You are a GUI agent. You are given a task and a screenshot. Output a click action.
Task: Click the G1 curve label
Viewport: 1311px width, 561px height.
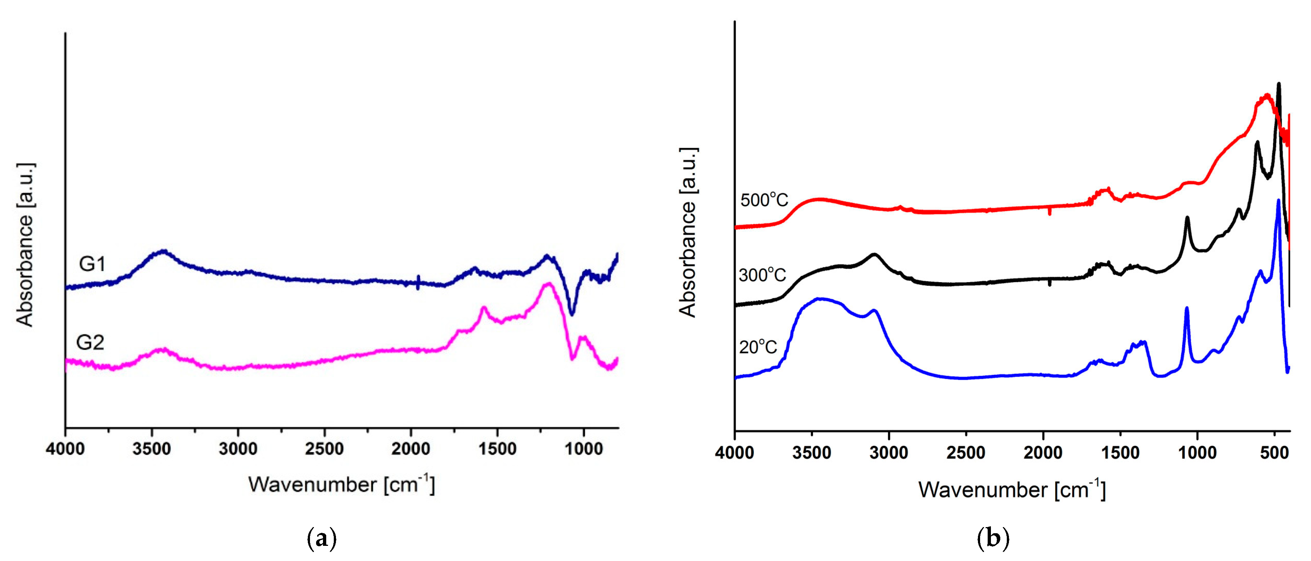pos(92,264)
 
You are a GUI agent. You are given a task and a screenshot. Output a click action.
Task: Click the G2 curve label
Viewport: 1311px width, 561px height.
pos(90,343)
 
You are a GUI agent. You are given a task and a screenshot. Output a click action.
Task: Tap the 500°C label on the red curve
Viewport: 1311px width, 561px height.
pos(764,200)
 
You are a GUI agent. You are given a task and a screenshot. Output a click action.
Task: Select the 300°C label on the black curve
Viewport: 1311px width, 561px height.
pos(762,275)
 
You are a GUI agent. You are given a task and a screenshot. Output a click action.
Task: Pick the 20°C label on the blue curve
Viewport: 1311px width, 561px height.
pos(758,347)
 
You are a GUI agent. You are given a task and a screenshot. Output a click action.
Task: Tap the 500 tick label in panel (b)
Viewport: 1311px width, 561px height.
pos(1274,453)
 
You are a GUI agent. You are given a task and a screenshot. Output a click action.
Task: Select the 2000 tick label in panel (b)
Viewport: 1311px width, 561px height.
pos(1043,453)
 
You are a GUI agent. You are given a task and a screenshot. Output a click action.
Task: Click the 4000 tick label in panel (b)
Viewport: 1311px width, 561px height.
pos(734,453)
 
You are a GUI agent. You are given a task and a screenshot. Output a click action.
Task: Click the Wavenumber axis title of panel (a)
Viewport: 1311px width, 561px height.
pos(341,484)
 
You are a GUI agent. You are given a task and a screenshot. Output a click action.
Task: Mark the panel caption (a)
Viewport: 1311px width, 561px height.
pos(322,538)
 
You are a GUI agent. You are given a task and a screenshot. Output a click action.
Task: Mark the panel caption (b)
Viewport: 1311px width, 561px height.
pos(993,538)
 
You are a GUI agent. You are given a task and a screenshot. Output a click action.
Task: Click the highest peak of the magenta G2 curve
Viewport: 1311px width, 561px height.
pos(548,284)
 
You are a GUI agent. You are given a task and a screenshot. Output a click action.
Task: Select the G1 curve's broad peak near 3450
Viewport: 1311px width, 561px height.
pos(163,251)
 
